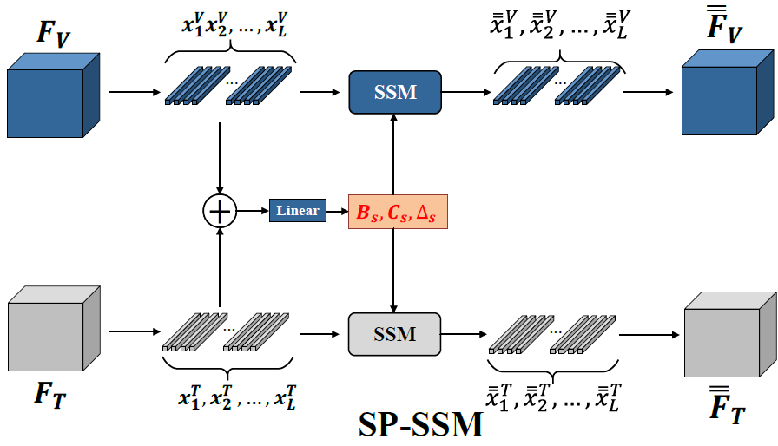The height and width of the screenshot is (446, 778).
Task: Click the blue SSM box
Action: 395,92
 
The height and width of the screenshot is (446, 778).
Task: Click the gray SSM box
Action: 395,334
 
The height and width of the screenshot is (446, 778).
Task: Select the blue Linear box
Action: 298,211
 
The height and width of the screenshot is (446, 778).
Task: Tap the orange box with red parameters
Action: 398,212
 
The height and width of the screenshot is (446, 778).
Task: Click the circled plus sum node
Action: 220,211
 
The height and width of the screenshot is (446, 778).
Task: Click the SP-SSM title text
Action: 421,424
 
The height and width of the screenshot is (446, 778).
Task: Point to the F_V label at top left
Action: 53,35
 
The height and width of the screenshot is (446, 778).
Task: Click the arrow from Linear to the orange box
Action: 337,211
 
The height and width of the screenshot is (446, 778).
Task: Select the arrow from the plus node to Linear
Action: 253,211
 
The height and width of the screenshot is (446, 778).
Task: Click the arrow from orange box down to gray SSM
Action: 395,270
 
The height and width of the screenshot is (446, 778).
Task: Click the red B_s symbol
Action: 367,212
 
